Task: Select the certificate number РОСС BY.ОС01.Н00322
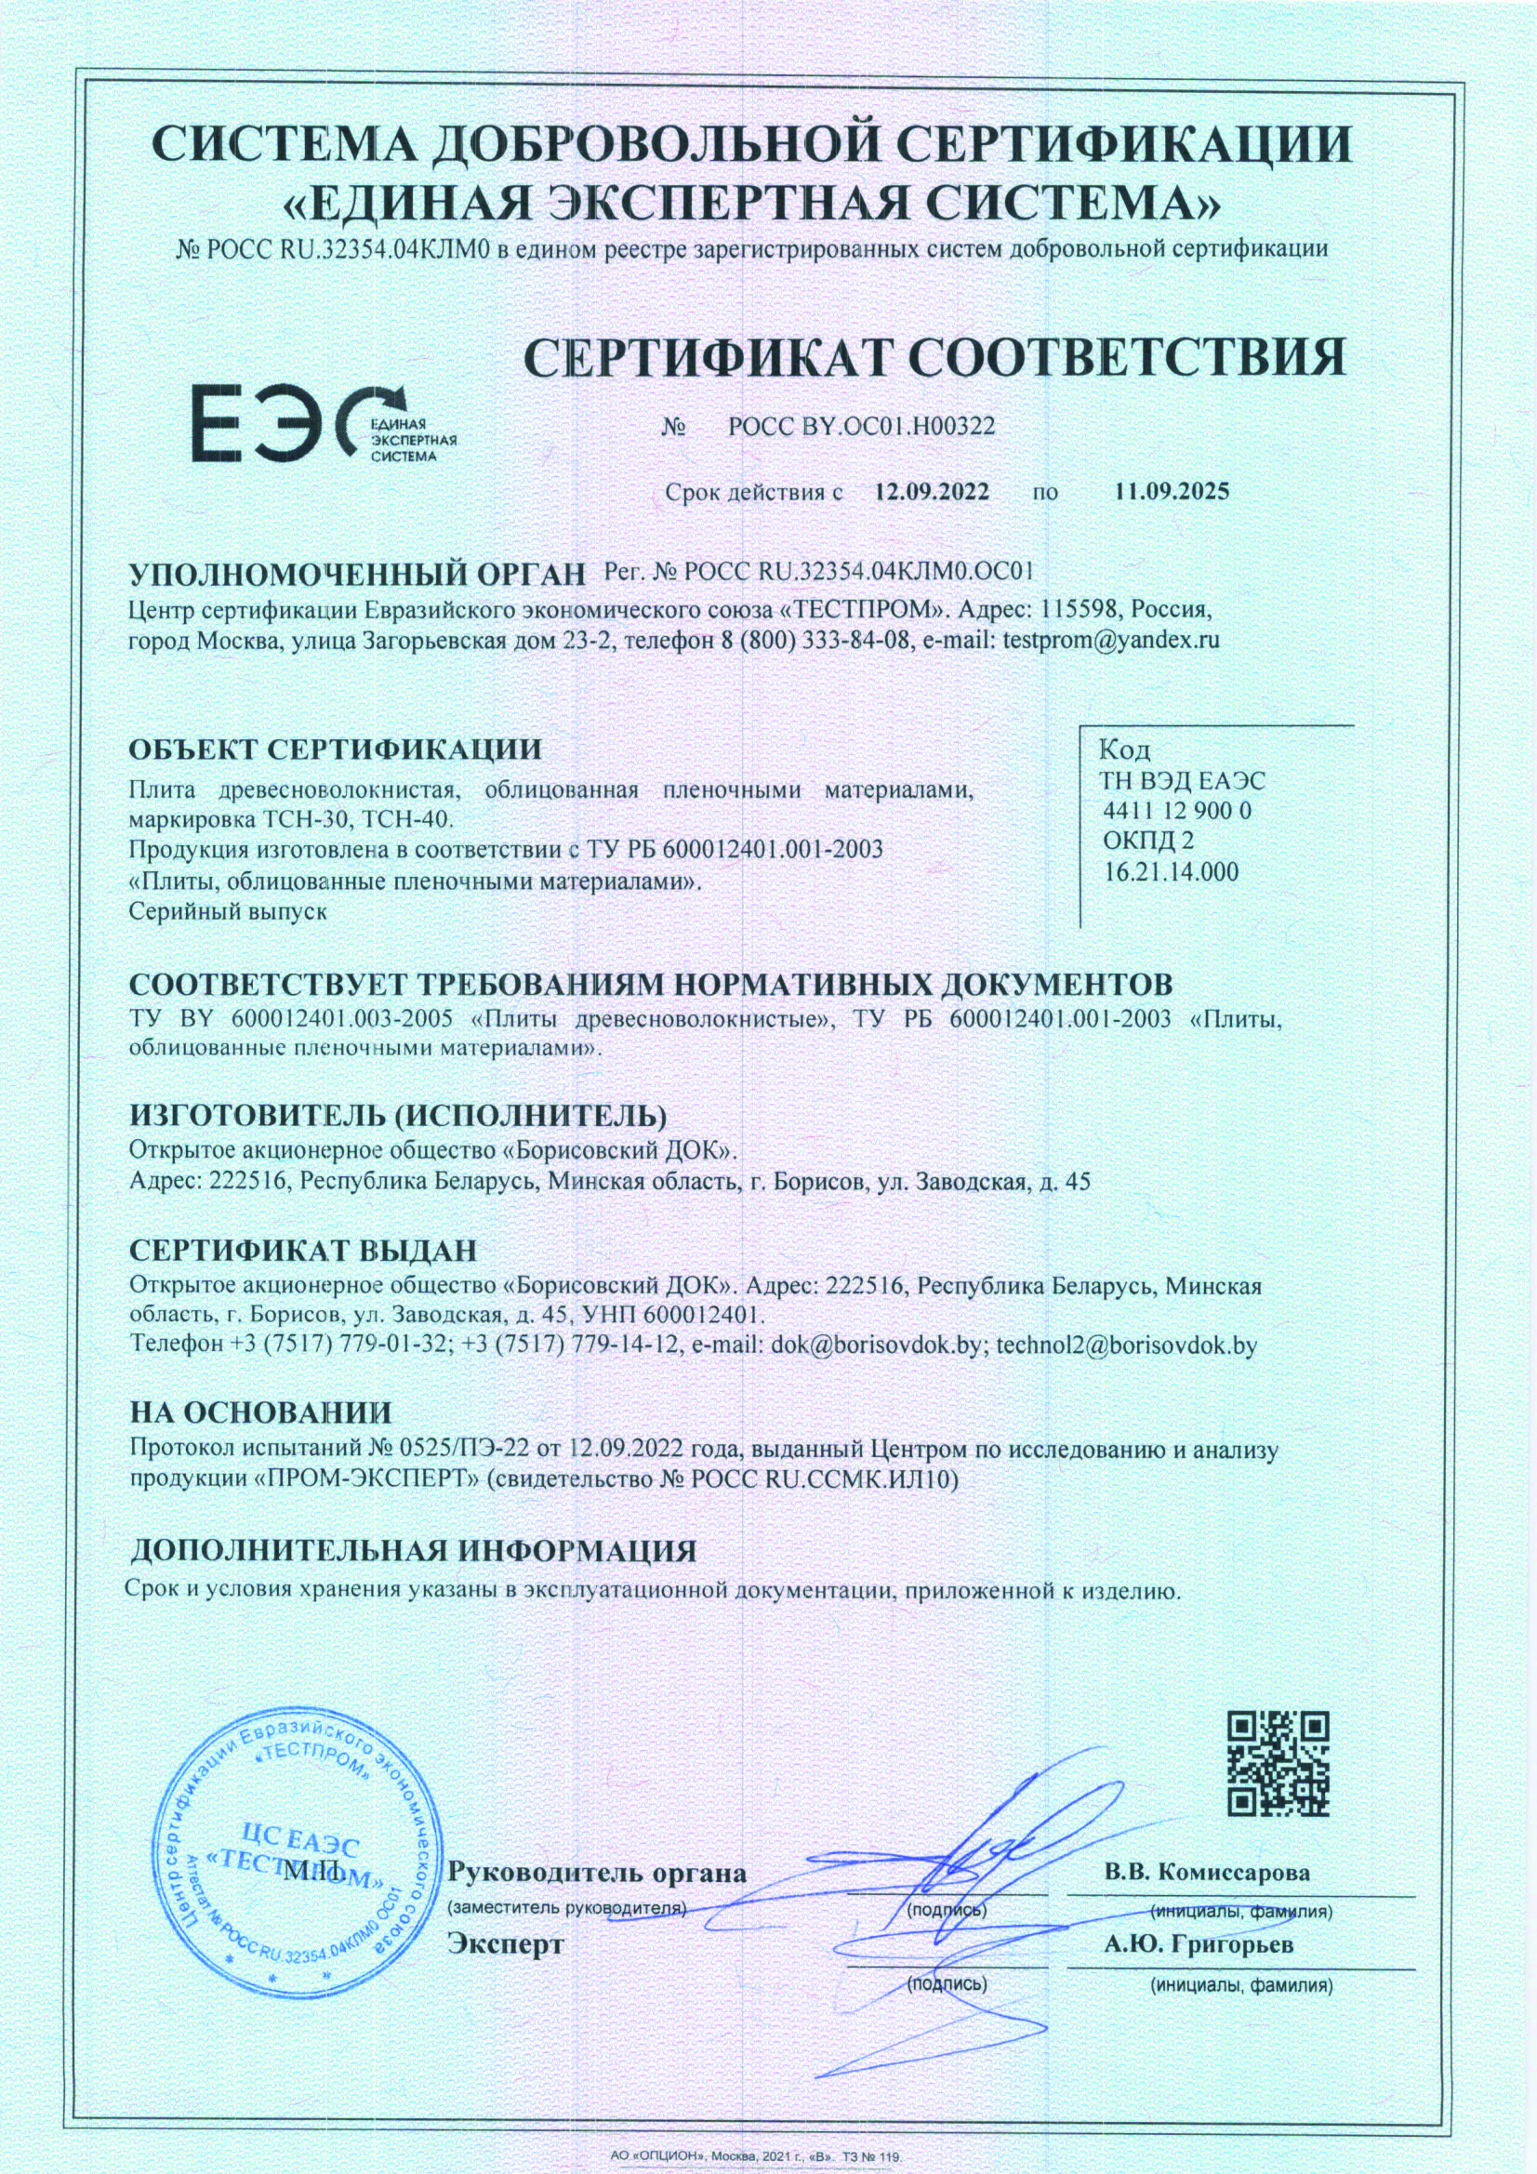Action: pyautogui.click(x=862, y=427)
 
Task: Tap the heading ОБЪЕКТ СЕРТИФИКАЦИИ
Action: pyautogui.click(x=336, y=749)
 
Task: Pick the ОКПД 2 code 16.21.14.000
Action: pyautogui.click(x=1172, y=872)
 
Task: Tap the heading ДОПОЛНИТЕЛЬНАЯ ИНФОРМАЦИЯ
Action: pyautogui.click(x=413, y=1551)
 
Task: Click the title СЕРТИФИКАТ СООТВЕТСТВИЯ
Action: pyautogui.click(x=934, y=358)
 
